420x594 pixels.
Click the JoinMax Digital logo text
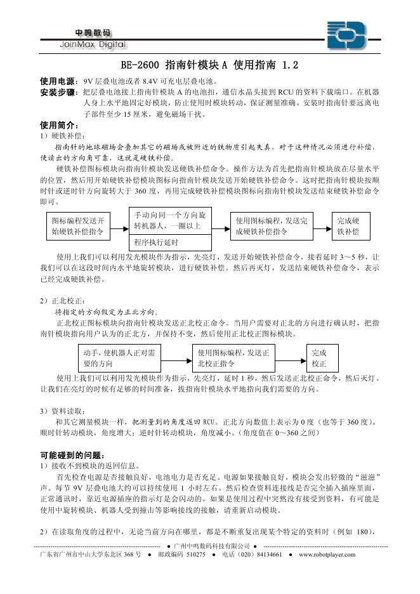92,44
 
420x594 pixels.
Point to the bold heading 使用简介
59,125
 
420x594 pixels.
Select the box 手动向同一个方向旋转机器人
169,220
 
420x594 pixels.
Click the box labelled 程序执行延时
169,242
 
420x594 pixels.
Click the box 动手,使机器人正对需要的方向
120,358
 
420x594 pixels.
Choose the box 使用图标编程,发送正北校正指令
234,358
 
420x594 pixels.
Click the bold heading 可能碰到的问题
71,455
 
